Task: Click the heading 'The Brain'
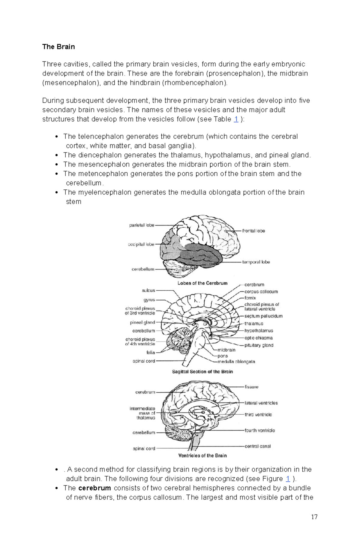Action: [58, 47]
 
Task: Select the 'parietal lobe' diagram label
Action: [142, 225]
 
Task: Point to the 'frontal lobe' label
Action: [253, 231]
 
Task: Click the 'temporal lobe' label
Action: [256, 262]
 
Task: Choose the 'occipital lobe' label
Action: [141, 244]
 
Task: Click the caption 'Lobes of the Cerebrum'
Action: [202, 283]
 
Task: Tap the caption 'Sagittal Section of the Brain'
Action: [202, 372]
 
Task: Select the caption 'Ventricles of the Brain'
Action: [202, 456]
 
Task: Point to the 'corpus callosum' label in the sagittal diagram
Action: [261, 291]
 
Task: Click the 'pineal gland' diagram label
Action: [142, 323]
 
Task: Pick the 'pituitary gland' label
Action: [259, 345]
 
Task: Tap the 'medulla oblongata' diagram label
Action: [236, 361]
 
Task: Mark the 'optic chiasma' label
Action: [258, 338]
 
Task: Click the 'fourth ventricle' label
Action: [259, 430]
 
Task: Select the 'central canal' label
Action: [257, 446]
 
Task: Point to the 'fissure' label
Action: [251, 387]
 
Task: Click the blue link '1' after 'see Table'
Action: [236, 119]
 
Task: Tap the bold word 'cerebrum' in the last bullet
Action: [94, 488]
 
